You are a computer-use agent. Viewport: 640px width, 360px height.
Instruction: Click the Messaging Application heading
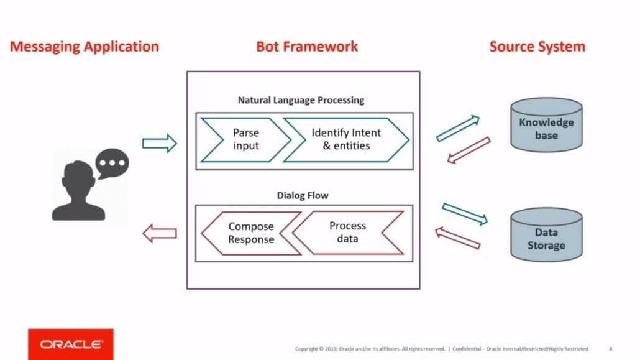[85, 47]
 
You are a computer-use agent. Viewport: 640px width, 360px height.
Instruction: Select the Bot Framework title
[307, 47]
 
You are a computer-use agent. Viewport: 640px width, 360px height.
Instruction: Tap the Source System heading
[537, 47]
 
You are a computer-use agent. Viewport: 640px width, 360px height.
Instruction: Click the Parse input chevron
[245, 139]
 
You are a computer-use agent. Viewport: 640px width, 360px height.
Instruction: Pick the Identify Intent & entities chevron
[346, 139]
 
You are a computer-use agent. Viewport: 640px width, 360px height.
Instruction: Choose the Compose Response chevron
[250, 233]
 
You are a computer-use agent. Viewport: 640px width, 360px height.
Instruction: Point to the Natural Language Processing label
[301, 99]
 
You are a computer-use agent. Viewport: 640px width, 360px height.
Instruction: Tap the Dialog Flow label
[303, 195]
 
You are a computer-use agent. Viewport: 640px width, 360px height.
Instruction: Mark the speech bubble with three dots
[112, 164]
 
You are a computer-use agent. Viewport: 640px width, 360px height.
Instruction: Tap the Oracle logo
[71, 344]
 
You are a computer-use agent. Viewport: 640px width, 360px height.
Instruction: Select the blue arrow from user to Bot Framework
[160, 144]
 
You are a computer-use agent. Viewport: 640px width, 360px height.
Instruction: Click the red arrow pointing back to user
[160, 234]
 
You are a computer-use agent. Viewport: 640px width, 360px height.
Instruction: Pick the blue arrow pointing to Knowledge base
[458, 128]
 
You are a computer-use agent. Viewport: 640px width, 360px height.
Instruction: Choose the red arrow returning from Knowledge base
[469, 150]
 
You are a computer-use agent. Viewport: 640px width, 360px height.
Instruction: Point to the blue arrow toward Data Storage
[465, 213]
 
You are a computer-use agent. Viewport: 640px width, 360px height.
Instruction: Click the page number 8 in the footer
[610, 349]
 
